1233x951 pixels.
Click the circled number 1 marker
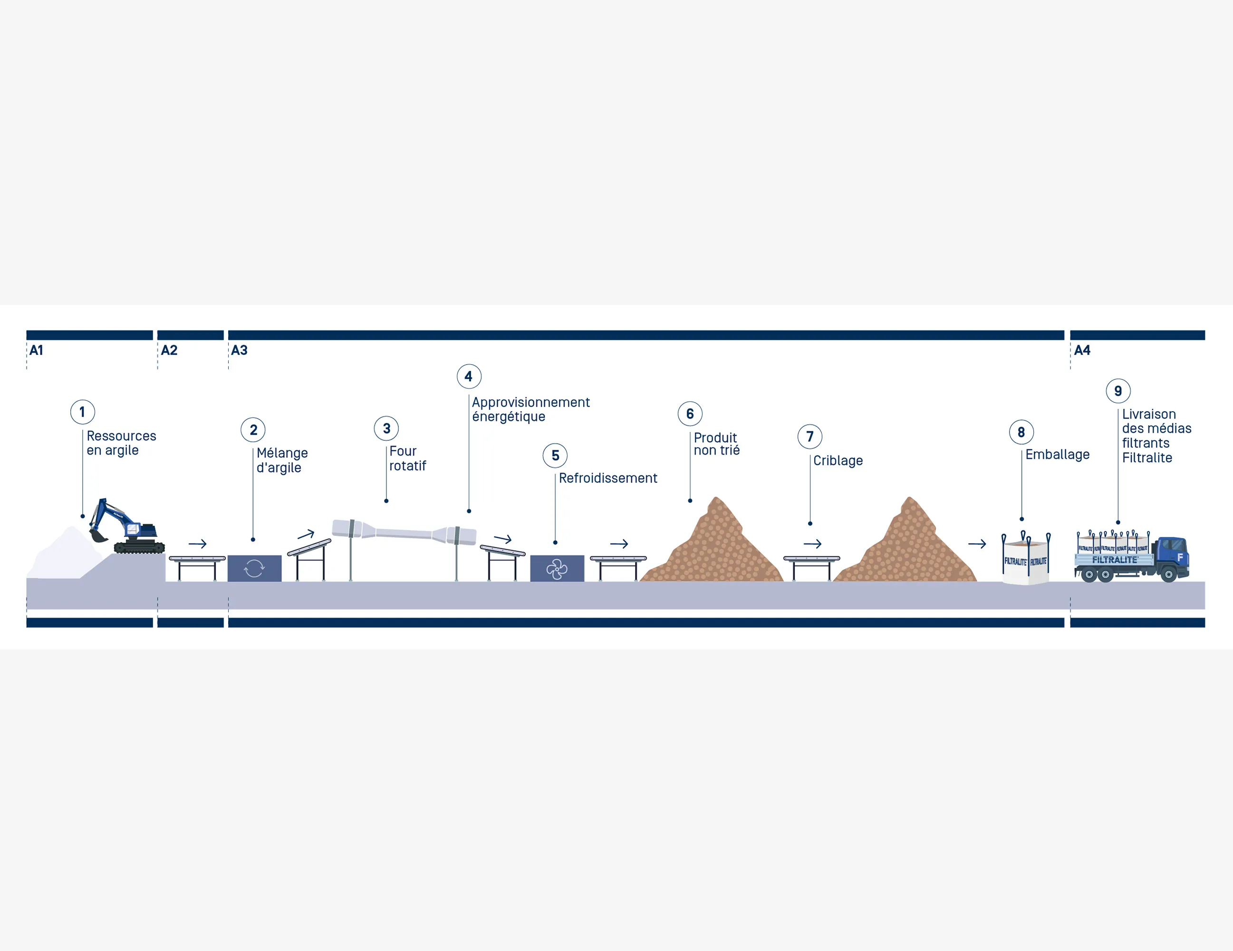point(82,412)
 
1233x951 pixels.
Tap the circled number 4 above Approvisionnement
point(469,376)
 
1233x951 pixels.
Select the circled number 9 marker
point(1118,391)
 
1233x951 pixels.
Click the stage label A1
point(36,350)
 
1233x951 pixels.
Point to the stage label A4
point(1082,350)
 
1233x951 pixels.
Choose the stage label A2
point(169,350)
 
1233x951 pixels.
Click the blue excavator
point(127,526)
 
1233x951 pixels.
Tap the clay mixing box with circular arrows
point(254,568)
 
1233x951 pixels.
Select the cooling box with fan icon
point(557,568)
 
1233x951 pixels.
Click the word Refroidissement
point(608,478)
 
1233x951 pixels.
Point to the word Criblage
point(838,461)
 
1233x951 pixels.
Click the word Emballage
point(1058,455)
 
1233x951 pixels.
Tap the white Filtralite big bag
point(1025,559)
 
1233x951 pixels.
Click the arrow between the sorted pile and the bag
point(977,544)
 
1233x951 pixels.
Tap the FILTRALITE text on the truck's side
point(1115,560)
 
